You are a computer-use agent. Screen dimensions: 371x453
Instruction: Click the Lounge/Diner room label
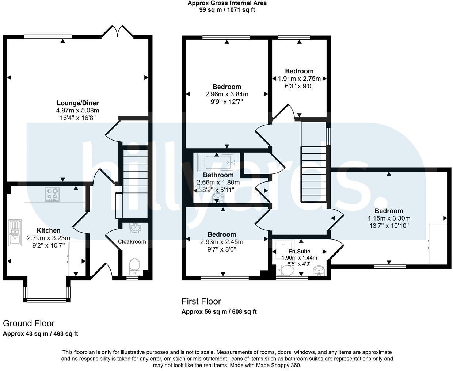(x=77, y=103)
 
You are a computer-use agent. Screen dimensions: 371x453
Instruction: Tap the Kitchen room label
(x=49, y=230)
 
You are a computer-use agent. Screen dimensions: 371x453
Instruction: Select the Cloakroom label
(x=132, y=241)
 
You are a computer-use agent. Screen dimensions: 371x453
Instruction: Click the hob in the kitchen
(x=52, y=194)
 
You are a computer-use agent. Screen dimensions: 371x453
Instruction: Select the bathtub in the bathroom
(x=216, y=162)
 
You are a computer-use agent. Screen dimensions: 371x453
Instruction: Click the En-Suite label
(x=299, y=251)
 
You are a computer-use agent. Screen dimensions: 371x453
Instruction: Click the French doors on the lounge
(x=117, y=31)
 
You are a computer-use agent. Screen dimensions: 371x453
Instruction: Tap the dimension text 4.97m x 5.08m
(x=77, y=110)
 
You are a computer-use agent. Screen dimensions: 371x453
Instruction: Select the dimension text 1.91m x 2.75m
(x=299, y=79)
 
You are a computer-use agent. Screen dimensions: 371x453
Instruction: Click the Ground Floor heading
(x=28, y=323)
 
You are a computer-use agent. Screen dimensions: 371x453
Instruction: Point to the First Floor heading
(x=201, y=301)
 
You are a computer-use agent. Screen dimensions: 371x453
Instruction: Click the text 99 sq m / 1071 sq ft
(x=227, y=10)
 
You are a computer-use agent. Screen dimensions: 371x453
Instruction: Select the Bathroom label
(x=218, y=175)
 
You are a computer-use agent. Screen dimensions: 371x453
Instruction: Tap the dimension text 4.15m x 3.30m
(x=389, y=218)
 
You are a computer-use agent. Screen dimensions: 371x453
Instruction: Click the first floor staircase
(x=313, y=174)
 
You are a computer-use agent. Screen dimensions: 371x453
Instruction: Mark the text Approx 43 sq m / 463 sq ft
(x=41, y=333)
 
